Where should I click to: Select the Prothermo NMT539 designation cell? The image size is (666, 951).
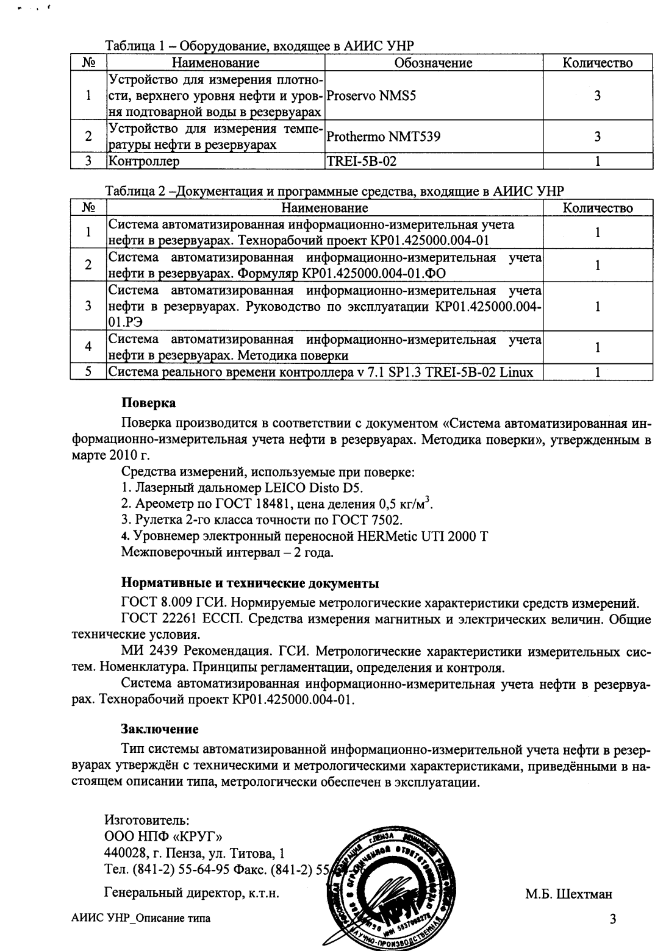383,137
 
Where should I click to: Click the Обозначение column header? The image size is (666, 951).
433,63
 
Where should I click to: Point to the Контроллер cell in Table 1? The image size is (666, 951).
145,162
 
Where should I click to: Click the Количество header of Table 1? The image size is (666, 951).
597,63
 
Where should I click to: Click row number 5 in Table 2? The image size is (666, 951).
88,372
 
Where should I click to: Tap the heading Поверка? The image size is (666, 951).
148,404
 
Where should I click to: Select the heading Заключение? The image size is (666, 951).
160,728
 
